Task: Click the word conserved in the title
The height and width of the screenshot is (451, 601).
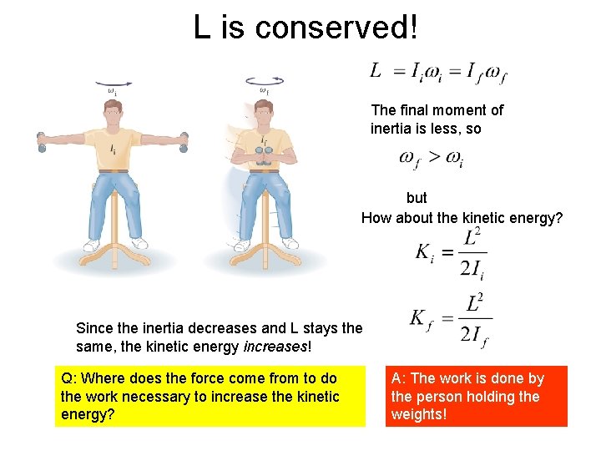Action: [x=335, y=28]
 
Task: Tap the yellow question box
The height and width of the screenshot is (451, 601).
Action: [x=210, y=396]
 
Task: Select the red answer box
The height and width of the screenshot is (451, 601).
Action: [x=476, y=396]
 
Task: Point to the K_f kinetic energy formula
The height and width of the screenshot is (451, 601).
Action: [x=451, y=319]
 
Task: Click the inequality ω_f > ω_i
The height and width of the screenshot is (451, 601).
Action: [x=431, y=158]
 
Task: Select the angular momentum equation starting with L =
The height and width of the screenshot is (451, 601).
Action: [x=438, y=73]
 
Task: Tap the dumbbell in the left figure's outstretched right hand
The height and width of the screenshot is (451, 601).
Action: [x=183, y=142]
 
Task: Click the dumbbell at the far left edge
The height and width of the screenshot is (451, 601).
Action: [x=40, y=141]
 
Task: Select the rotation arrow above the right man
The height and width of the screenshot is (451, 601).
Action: [x=265, y=81]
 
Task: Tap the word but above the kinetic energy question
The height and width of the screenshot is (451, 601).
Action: [x=417, y=198]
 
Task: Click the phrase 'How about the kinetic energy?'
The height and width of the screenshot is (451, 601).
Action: [x=462, y=218]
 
